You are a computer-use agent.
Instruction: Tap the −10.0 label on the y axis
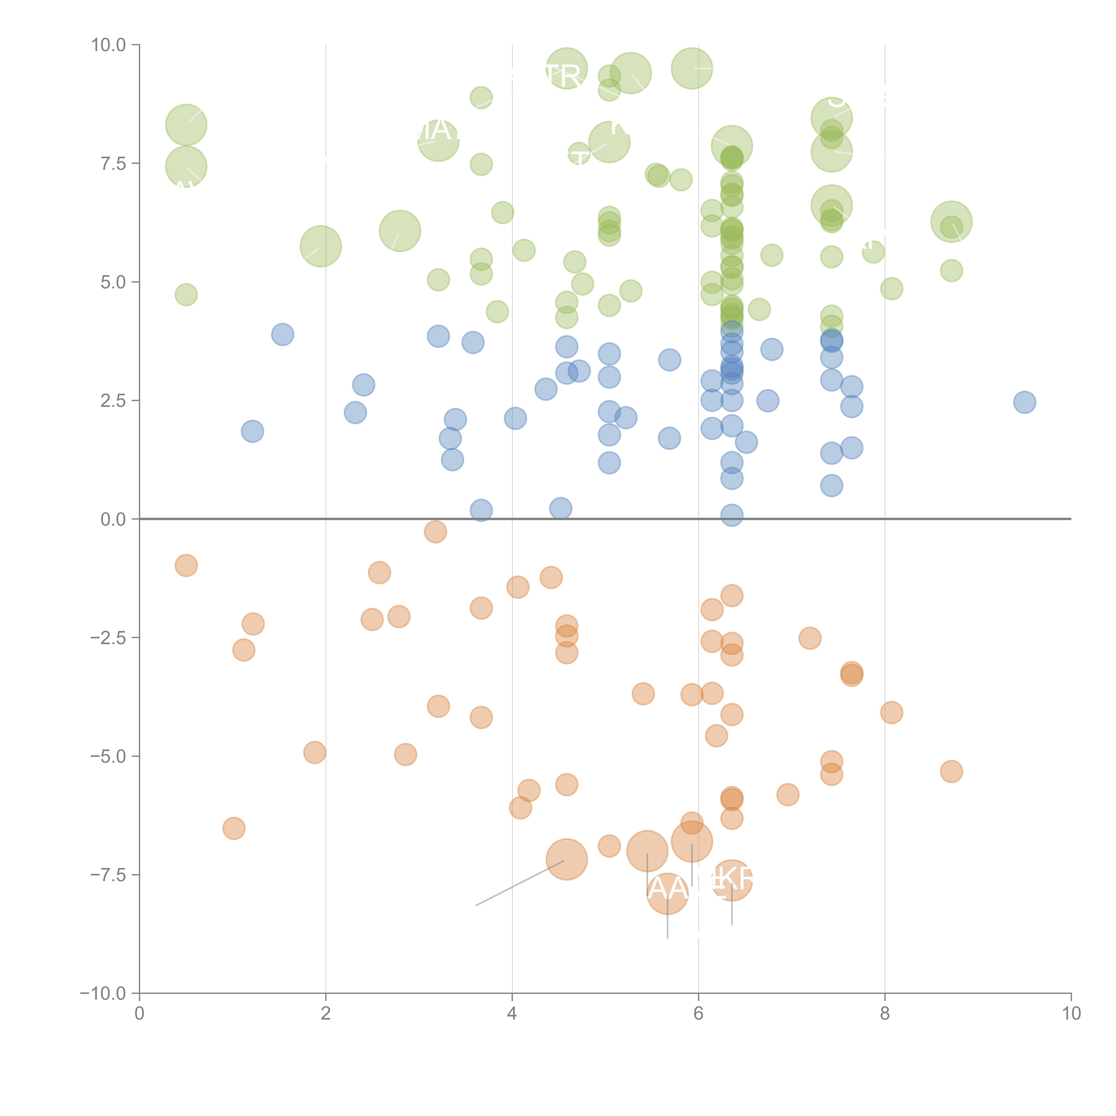(x=103, y=993)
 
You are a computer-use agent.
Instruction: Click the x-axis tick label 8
(x=885, y=1014)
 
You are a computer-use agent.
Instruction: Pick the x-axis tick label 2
(x=326, y=1014)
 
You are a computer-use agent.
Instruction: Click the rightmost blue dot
(x=1024, y=402)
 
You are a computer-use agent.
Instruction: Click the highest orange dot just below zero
(x=435, y=531)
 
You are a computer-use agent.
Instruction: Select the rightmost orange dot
(x=951, y=771)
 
